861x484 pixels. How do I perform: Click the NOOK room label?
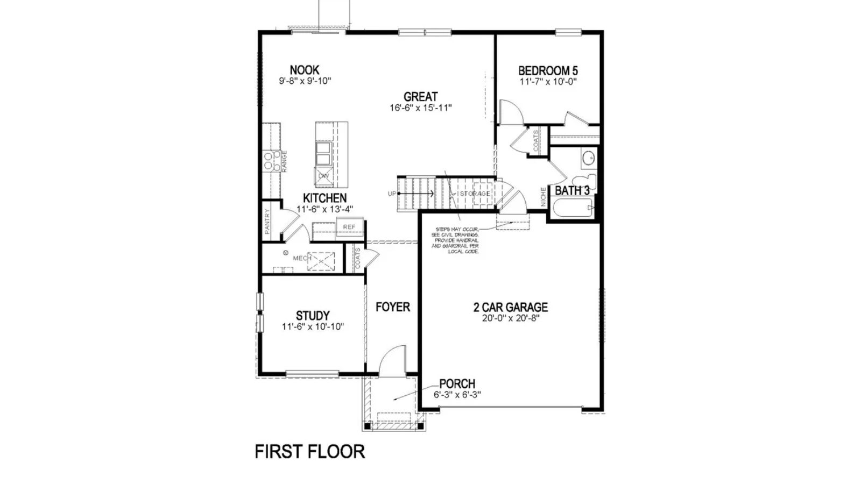click(305, 70)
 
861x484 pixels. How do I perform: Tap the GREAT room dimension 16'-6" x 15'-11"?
click(420, 108)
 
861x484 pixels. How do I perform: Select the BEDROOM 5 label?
click(548, 70)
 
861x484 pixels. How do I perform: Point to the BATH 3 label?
click(572, 190)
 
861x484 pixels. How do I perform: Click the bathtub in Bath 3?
click(573, 208)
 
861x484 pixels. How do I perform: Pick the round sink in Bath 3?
click(588, 158)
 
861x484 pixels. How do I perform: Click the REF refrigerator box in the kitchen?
click(349, 227)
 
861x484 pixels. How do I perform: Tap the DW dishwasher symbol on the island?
click(323, 176)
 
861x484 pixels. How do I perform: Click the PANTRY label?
click(267, 221)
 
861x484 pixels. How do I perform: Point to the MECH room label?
click(302, 258)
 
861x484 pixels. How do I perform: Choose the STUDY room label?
click(313, 316)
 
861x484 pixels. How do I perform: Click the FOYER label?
click(393, 307)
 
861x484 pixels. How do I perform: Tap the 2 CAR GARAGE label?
click(511, 307)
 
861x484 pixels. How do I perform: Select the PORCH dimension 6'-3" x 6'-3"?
click(457, 394)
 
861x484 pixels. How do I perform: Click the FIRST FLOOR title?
click(309, 452)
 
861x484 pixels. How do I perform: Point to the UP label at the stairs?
click(392, 194)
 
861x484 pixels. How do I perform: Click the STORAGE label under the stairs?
click(475, 194)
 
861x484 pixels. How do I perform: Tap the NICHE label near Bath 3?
click(544, 197)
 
